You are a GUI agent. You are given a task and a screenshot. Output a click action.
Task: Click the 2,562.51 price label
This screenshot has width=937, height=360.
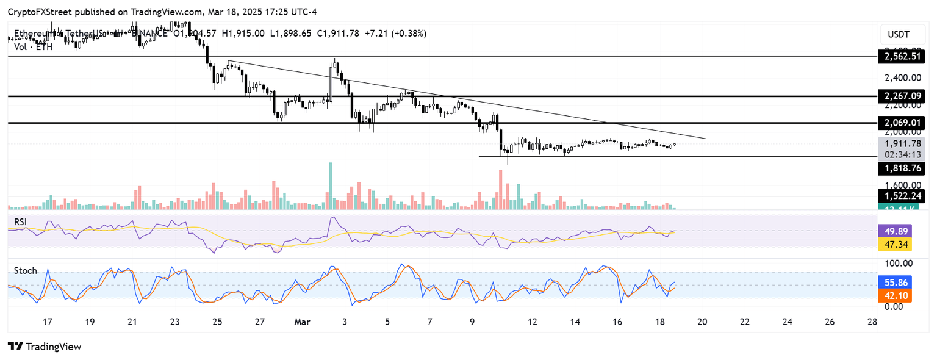[901, 57]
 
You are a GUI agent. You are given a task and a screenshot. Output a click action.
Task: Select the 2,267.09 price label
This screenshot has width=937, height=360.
[901, 96]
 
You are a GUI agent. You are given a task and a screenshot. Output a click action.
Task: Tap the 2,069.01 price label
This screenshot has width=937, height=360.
[901, 123]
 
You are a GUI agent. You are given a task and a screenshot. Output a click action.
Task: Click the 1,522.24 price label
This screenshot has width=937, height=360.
[901, 196]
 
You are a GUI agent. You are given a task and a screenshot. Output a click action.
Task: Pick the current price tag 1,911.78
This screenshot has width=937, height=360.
[901, 143]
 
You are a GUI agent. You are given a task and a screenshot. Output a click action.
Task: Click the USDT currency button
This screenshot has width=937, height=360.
[900, 34]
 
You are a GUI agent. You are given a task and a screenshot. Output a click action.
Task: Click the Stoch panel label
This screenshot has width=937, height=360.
[26, 270]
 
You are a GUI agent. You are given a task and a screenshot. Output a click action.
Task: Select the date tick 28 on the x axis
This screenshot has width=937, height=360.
[872, 322]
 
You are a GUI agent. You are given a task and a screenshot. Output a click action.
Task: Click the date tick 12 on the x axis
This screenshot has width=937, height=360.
[533, 322]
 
